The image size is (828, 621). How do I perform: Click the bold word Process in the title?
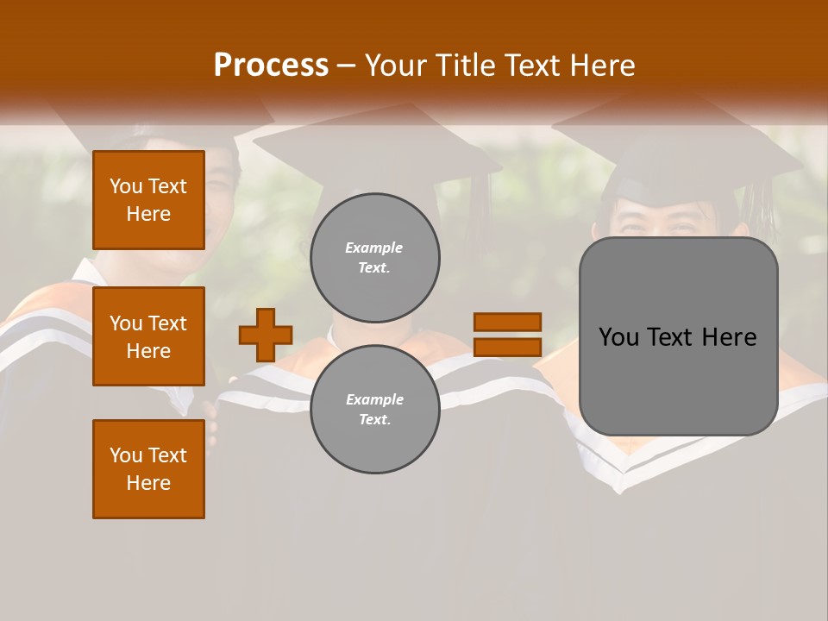[x=271, y=66]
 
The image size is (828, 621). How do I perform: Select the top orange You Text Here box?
[x=148, y=200]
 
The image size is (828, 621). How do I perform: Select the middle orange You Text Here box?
[x=148, y=336]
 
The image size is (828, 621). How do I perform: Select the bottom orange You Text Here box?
[x=148, y=469]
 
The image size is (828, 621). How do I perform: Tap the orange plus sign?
[x=266, y=335]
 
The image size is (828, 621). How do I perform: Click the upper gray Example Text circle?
[x=374, y=258]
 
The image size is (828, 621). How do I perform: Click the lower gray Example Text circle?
[x=374, y=410]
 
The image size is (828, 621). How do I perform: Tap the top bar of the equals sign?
[x=507, y=322]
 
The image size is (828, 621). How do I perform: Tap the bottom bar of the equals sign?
[x=507, y=347]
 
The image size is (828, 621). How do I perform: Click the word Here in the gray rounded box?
[x=729, y=337]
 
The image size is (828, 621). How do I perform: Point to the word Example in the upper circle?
[x=374, y=248]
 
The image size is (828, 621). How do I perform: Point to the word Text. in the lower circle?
[x=374, y=420]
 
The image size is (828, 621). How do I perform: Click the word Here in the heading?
[x=602, y=66]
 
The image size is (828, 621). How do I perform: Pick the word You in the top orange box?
[x=125, y=186]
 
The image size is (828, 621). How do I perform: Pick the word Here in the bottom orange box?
[x=148, y=483]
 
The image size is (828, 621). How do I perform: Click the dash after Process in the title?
[x=347, y=66]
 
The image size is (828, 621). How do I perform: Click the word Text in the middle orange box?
[x=166, y=323]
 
